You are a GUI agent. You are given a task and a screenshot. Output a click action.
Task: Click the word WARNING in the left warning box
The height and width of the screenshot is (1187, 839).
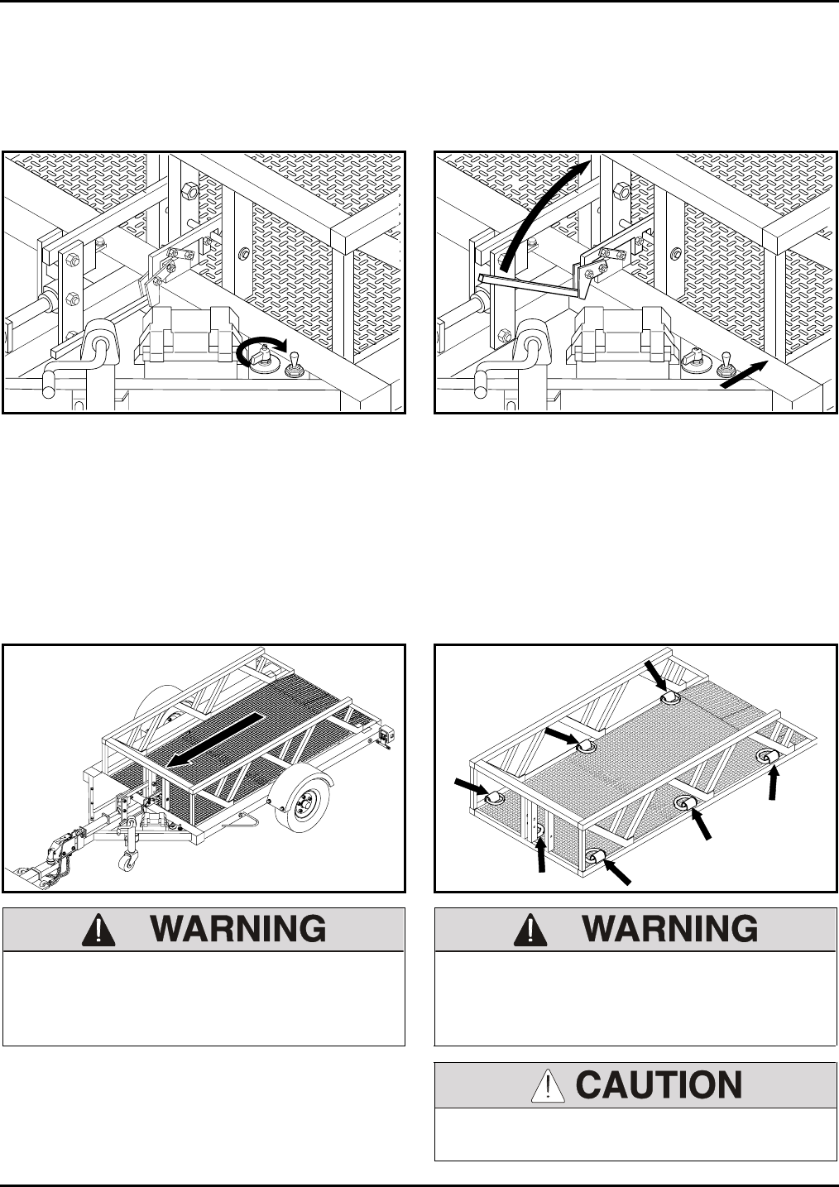coord(238,930)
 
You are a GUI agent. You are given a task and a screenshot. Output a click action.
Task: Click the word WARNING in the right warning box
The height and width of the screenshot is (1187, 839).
coord(670,930)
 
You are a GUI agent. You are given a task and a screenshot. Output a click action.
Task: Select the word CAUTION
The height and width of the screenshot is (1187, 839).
coord(659,1085)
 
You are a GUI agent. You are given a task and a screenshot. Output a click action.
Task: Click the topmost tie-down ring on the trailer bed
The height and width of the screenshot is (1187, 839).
coord(671,699)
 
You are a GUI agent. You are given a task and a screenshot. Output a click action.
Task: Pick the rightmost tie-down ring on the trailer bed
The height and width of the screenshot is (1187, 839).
coord(769,757)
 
